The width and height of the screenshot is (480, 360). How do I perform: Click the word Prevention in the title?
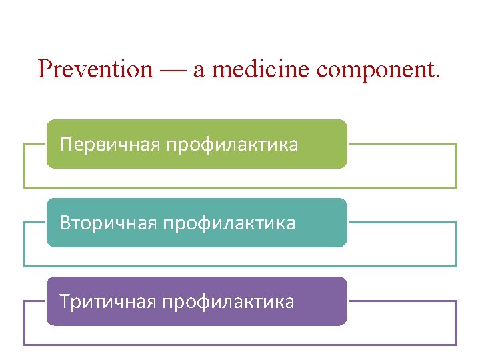[x=95, y=69]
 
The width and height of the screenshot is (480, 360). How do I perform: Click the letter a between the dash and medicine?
[x=199, y=71]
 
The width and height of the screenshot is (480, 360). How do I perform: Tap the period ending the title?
[x=437, y=76]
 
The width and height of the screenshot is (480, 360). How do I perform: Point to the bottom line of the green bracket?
[x=240, y=187]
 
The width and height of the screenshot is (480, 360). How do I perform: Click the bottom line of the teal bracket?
[x=240, y=266]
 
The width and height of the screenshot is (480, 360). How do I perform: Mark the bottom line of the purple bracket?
[x=240, y=345]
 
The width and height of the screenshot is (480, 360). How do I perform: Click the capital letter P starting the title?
[x=45, y=69]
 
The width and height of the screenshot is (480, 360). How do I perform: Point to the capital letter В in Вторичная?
[x=65, y=223]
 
